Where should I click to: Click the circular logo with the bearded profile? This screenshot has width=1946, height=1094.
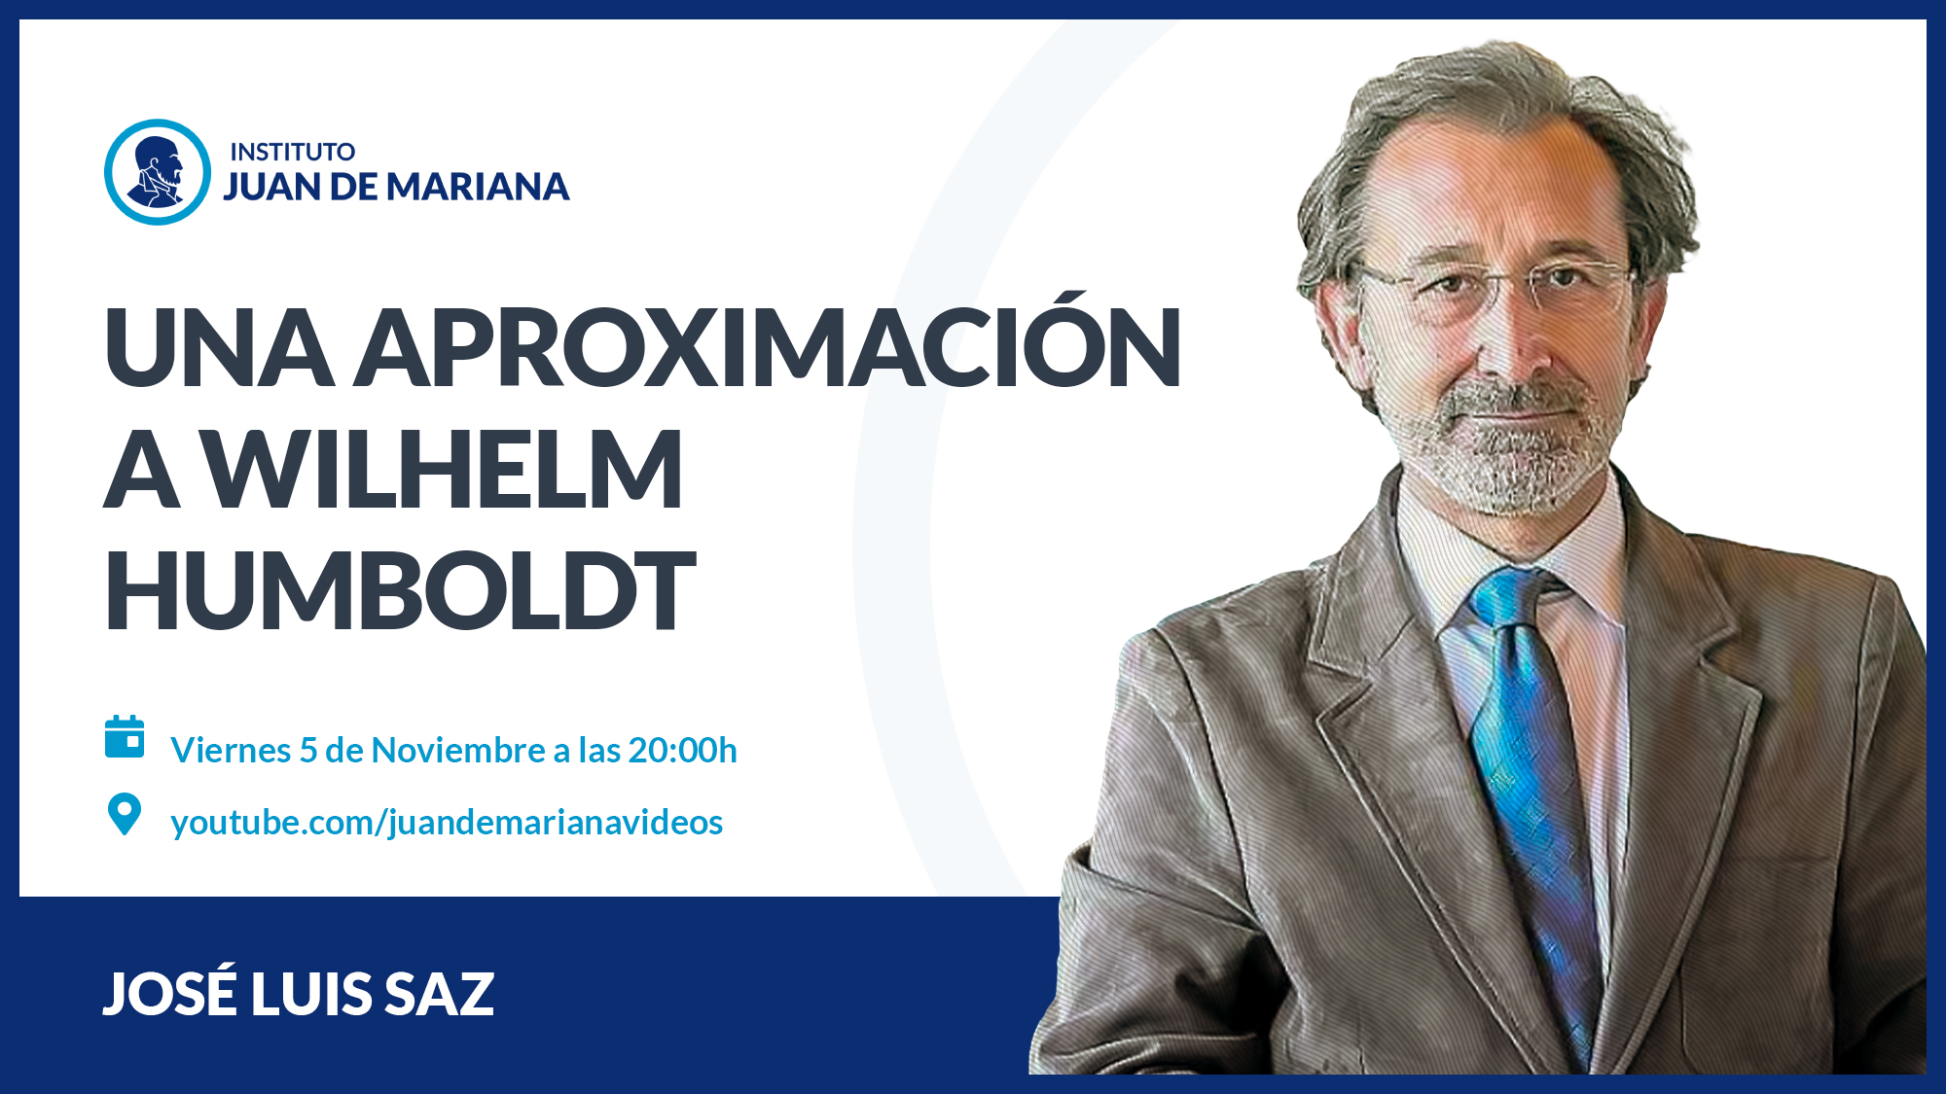[158, 172]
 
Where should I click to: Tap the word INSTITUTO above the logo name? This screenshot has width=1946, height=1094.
[292, 152]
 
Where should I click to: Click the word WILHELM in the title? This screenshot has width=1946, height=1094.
[445, 470]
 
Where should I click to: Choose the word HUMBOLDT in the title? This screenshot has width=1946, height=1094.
[400, 589]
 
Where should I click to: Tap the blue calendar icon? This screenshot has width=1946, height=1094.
[125, 737]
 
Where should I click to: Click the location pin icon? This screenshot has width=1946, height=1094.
[125, 814]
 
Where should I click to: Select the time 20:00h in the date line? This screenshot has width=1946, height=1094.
[682, 750]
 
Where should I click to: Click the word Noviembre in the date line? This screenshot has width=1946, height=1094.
[458, 750]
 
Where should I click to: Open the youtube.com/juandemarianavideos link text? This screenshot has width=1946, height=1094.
[447, 823]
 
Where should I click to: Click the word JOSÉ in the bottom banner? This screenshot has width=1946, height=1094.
[169, 992]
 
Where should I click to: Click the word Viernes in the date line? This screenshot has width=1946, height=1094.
[231, 750]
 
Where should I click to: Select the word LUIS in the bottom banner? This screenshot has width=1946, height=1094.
[310, 994]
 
